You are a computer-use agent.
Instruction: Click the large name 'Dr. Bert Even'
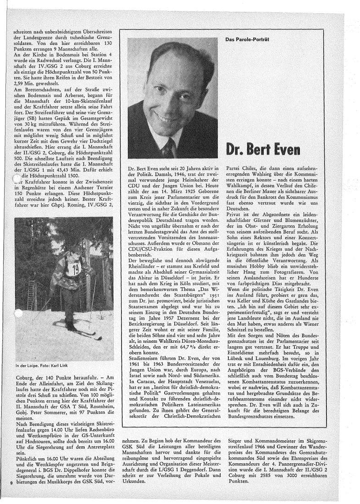coord(261,149)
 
